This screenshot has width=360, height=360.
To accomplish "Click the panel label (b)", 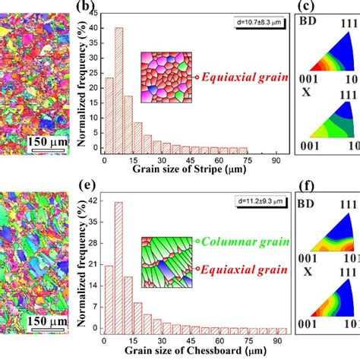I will pyautogui.click(x=85, y=8).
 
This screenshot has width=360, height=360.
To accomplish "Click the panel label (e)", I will pyautogui.click(x=85, y=185).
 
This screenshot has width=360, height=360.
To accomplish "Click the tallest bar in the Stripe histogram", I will pyautogui.click(x=118, y=90).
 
